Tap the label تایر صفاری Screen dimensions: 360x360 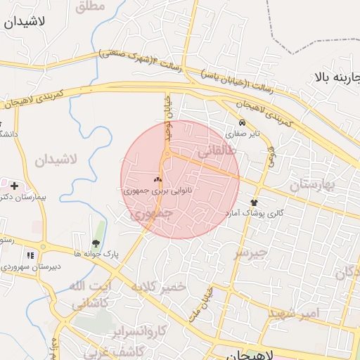click(243, 132)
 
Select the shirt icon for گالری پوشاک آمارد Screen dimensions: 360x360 click(254, 202)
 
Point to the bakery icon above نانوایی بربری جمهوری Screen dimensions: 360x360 click(157, 180)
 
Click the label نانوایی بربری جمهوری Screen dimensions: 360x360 click(157, 191)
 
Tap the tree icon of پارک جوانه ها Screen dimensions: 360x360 click(96, 243)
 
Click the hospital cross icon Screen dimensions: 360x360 click(14, 186)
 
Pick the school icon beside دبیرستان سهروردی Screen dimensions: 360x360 click(30, 256)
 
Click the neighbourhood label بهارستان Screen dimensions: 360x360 click(314, 185)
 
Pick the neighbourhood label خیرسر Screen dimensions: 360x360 click(251, 251)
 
